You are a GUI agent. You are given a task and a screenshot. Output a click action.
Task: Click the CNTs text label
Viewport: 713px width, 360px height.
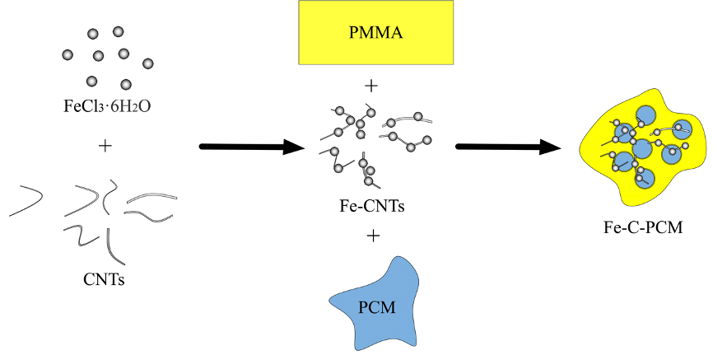click(x=105, y=278)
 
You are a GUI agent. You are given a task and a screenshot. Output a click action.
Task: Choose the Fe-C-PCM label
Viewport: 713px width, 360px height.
click(x=642, y=227)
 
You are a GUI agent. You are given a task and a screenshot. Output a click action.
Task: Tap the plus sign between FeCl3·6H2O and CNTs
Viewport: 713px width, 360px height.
click(x=105, y=147)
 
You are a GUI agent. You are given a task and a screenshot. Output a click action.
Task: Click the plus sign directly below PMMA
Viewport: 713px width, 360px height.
click(x=373, y=85)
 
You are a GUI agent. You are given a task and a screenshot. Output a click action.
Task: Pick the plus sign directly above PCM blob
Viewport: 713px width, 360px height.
click(x=373, y=236)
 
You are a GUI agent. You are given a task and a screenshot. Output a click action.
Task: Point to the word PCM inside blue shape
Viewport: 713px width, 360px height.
click(x=377, y=308)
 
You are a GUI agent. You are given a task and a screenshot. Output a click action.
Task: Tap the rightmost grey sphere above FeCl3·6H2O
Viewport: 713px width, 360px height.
click(x=148, y=63)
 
